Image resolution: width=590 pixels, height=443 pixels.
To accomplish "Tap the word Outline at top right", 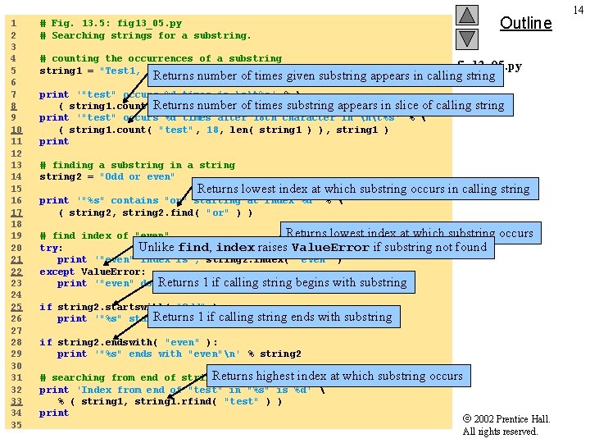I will [x=525, y=23].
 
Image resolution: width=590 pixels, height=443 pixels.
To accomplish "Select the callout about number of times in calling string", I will [x=324, y=76].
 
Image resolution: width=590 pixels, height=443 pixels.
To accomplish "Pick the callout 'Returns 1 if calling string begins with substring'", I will [x=282, y=282].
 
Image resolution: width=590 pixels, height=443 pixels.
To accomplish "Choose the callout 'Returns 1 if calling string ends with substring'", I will [x=272, y=317].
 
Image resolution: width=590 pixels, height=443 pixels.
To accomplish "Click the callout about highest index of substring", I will [x=337, y=377].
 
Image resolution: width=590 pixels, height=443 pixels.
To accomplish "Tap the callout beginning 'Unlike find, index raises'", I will [x=312, y=247].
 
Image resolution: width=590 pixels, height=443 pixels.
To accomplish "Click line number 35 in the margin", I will [x=14, y=425].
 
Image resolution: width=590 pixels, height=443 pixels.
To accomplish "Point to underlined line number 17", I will [x=14, y=212].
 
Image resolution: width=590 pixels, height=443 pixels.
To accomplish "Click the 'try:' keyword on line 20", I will [x=51, y=248].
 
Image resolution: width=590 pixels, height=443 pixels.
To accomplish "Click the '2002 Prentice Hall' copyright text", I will [x=506, y=419].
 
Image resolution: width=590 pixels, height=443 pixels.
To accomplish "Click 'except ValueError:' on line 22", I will [x=93, y=272].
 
